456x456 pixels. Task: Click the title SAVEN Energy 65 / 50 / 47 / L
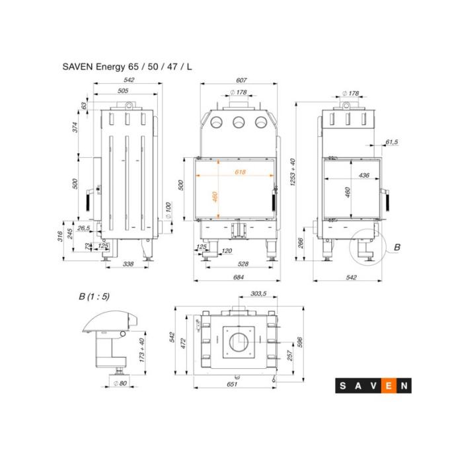pos(127,67)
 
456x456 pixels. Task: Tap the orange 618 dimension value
pos(240,172)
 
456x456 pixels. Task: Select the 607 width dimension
pos(241,80)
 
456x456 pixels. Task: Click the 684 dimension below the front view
pos(239,277)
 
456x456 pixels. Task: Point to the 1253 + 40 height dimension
pos(293,172)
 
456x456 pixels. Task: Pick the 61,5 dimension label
pos(392,142)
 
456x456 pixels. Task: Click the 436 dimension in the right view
pos(364,175)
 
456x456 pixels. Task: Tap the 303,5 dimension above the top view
pos(258,293)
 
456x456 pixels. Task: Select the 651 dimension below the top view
pos(232,384)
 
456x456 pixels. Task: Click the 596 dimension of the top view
pos(300,342)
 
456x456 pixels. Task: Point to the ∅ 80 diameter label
pos(120,383)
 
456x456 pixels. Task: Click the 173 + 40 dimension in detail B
pos(142,350)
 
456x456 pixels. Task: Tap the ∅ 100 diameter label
pos(168,210)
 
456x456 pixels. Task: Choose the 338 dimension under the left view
pos(128,264)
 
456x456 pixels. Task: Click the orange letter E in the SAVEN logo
pos(389,386)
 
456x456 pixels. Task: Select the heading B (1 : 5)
pos(95,296)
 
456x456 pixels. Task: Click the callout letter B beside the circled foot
pos(397,247)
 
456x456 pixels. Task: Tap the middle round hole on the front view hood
pos(239,122)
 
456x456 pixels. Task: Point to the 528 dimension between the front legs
pos(243,264)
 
